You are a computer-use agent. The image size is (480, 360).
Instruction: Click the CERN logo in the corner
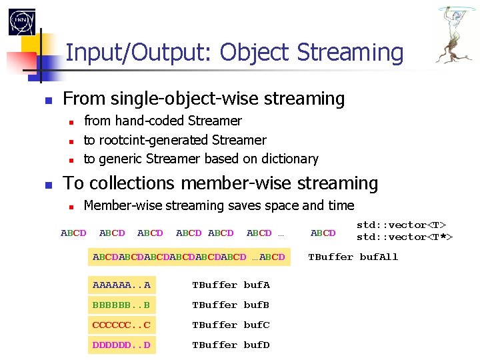point(21,21)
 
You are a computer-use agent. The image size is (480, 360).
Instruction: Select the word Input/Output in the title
point(139,52)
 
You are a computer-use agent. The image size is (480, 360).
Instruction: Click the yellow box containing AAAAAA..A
point(121,285)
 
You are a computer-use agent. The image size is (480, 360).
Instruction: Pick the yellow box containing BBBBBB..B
point(121,305)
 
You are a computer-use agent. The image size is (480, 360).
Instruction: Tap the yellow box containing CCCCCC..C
point(121,325)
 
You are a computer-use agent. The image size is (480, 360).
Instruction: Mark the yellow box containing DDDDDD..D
point(121,345)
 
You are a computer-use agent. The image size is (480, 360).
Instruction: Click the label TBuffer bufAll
point(353,257)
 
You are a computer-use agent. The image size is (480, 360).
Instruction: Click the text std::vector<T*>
point(404,237)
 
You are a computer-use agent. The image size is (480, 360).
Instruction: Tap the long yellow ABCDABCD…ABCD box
point(189,257)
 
